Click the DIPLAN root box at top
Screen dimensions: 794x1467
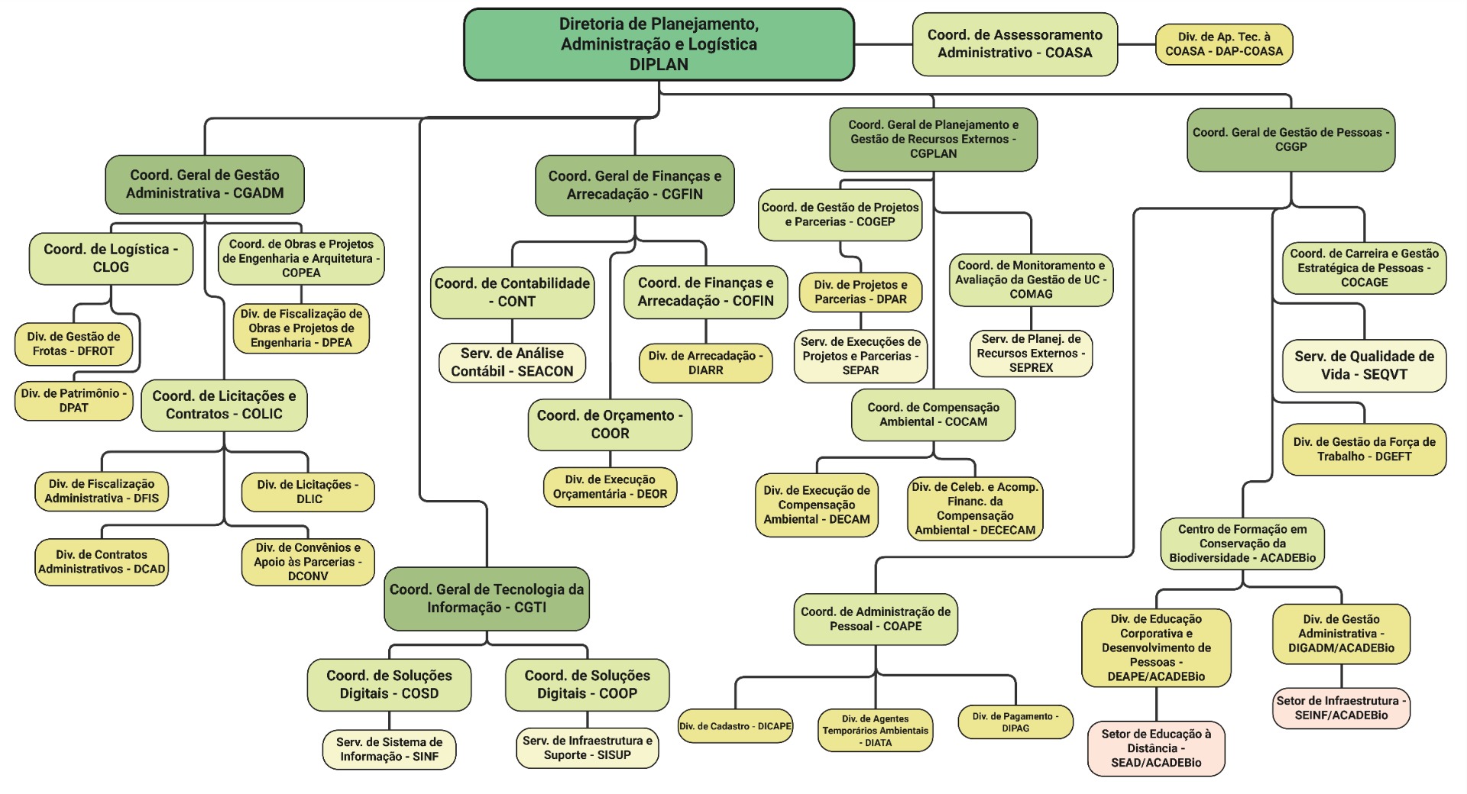click(659, 44)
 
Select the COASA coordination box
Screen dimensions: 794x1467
click(1015, 44)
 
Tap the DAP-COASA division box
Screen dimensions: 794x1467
click(1223, 44)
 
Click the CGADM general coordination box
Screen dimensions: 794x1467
click(205, 184)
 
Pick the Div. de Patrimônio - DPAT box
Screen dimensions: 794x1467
click(74, 401)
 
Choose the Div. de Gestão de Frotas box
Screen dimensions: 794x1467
click(73, 344)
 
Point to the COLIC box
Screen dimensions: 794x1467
click(224, 405)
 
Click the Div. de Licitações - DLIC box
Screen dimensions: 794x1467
click(308, 492)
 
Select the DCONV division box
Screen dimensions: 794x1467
click(308, 562)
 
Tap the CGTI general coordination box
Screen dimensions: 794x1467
click(487, 599)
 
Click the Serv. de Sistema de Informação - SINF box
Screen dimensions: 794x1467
click(390, 749)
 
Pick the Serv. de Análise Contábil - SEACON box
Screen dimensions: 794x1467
click(512, 363)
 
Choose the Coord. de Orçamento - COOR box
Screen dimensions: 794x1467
click(610, 424)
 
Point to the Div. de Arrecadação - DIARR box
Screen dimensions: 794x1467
click(705, 363)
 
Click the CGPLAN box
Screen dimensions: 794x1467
click(933, 139)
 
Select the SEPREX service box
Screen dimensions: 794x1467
click(1031, 353)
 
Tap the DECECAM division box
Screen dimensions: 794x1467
click(975, 508)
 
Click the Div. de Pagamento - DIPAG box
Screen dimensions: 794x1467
click(1015, 722)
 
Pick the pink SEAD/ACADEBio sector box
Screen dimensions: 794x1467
click(1156, 748)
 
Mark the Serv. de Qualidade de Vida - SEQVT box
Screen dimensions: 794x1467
click(1364, 366)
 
